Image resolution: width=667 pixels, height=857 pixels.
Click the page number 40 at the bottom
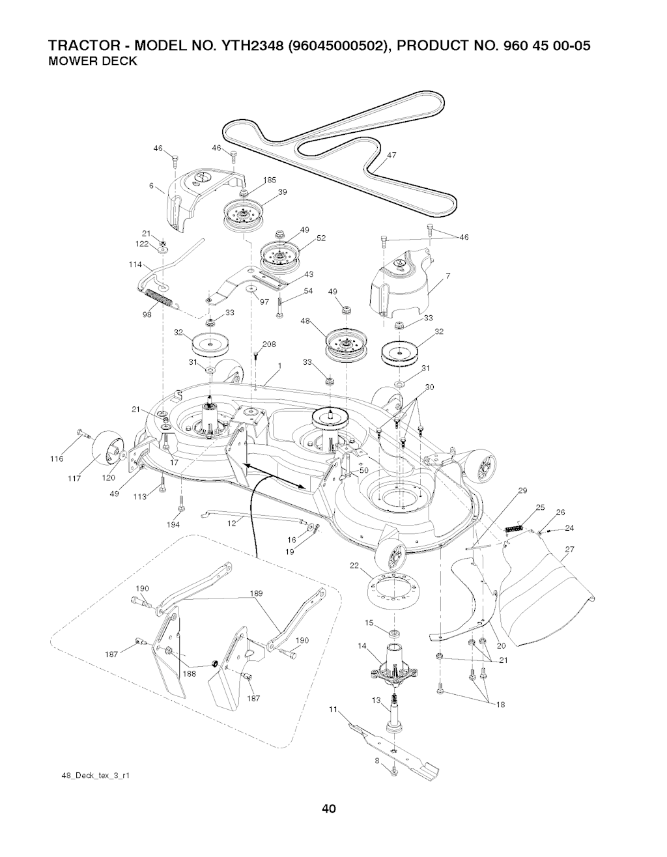pos(328,809)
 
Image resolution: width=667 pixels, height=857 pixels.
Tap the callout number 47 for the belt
pos(391,156)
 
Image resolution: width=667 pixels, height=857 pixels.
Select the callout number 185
pos(270,180)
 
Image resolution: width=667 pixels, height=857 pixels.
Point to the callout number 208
pos(269,344)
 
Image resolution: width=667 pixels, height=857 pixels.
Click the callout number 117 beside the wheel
pos(74,479)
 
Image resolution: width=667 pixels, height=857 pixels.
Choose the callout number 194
pos(173,524)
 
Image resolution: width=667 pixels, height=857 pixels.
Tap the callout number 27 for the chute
pos(569,549)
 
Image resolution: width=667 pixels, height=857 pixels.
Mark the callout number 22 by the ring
pos(354,565)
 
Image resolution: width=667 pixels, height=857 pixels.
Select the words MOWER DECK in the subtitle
pos(92,61)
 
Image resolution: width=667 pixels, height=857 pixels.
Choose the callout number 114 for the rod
pos(135,264)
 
